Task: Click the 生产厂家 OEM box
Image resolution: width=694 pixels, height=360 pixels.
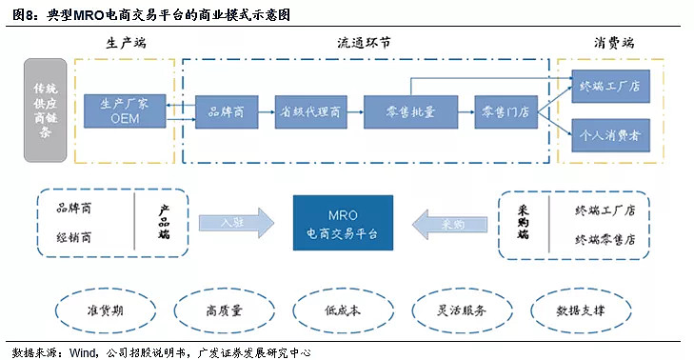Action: point(125,111)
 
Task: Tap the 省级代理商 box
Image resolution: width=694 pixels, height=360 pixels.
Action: point(308,111)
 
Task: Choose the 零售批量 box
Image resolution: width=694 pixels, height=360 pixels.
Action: point(399,111)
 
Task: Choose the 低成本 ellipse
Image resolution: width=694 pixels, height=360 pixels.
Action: point(340,310)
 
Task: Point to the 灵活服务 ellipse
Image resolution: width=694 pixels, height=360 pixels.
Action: point(460,310)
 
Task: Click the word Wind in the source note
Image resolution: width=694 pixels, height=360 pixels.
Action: point(84,351)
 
